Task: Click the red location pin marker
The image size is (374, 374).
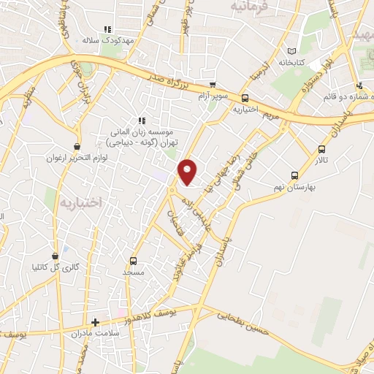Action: [x=188, y=172]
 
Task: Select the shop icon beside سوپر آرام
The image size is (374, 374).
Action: [x=212, y=85]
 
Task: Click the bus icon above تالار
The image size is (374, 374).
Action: [x=322, y=148]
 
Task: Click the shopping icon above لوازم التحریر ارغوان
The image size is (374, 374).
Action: [x=77, y=147]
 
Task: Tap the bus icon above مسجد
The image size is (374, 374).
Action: [x=132, y=261]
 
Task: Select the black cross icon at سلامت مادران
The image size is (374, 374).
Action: [x=95, y=321]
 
